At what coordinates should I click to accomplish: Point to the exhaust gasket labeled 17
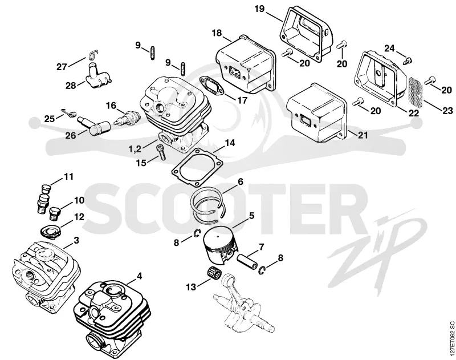click(211, 84)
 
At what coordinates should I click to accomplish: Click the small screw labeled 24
click(408, 61)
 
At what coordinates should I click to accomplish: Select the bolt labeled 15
click(161, 152)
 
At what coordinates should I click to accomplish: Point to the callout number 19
click(259, 9)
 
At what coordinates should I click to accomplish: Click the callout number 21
click(363, 135)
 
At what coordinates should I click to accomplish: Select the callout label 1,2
click(135, 149)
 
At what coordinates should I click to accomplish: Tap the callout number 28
click(71, 85)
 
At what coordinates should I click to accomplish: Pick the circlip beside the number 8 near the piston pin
click(262, 270)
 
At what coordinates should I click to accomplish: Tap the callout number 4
click(139, 276)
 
